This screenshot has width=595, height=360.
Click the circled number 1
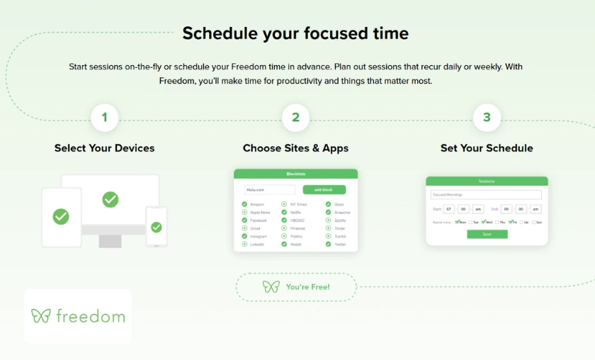click(104, 118)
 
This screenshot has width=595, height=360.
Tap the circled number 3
click(487, 118)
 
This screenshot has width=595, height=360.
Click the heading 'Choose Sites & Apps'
click(295, 148)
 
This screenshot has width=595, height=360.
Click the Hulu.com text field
click(270, 190)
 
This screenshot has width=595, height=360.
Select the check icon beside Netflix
click(284, 212)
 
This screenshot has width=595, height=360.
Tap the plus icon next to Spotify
click(329, 220)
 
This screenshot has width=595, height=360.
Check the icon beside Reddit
click(284, 244)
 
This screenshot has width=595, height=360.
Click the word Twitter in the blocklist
click(340, 244)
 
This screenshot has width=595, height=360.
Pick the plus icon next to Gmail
click(244, 228)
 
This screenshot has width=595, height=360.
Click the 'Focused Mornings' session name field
click(486, 194)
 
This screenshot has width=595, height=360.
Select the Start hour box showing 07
click(448, 209)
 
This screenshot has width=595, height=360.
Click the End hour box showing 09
click(506, 209)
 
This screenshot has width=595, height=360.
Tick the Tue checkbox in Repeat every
click(470, 222)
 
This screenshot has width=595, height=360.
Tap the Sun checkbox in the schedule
click(533, 222)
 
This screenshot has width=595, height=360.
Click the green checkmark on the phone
click(157, 227)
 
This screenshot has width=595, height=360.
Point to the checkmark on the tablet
click(62, 216)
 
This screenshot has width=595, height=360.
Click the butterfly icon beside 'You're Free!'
click(271, 287)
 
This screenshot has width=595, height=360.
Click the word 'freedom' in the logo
click(90, 316)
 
